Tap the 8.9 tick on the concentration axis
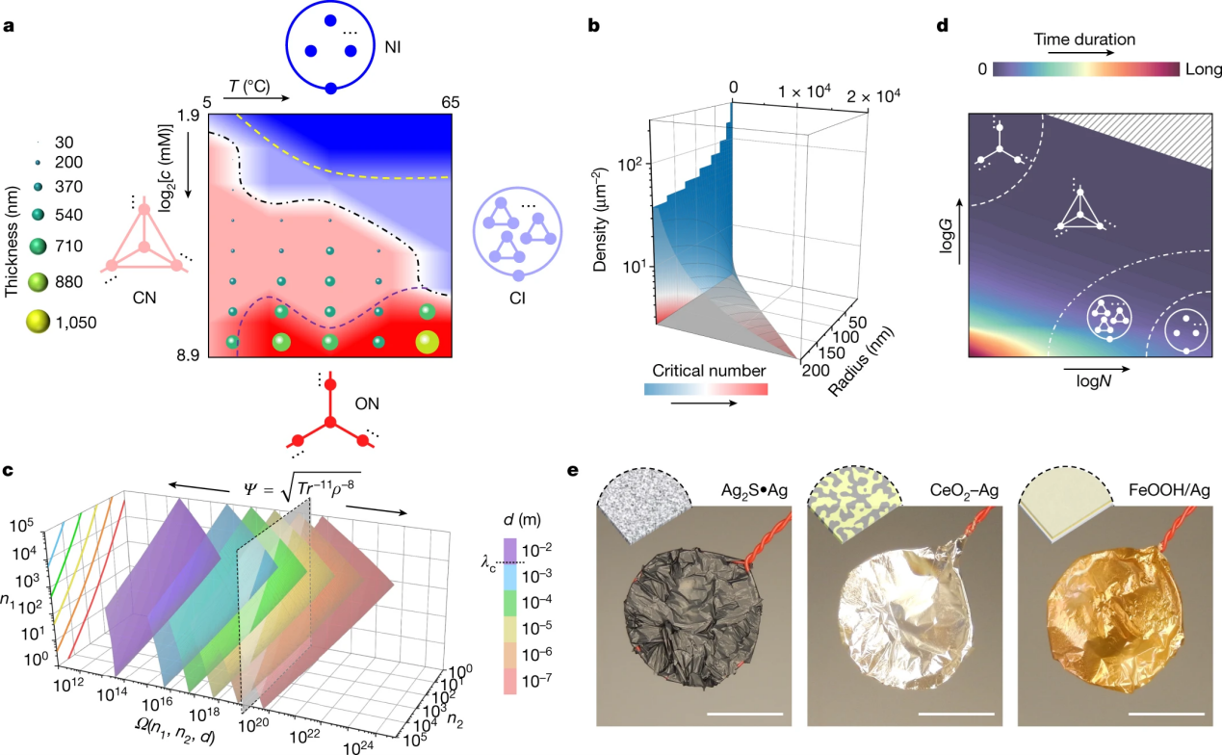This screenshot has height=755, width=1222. tap(188, 355)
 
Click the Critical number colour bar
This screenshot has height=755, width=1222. tap(706, 389)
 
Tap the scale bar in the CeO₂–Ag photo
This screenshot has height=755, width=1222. tap(956, 714)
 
